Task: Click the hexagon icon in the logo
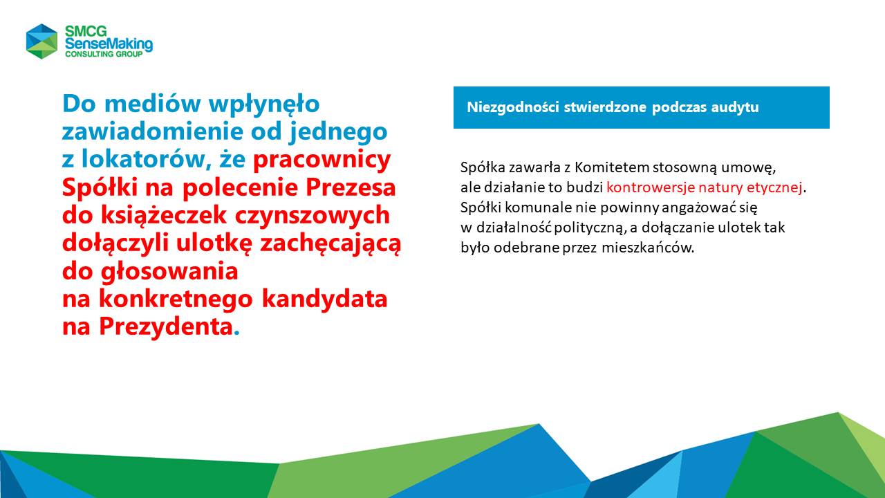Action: click(x=42, y=41)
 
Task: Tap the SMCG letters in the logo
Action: click(x=86, y=31)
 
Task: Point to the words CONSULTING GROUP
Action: click(x=104, y=54)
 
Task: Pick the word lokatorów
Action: click(x=146, y=159)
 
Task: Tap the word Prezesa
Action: click(x=351, y=187)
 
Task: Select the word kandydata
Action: click(x=325, y=299)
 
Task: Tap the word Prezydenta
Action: click(x=165, y=327)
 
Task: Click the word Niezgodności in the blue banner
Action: click(x=513, y=107)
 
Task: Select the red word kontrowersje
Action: click(x=651, y=187)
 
